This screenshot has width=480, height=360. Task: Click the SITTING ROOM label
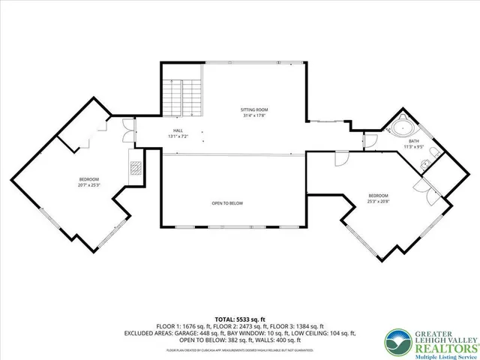pyautogui.click(x=255, y=110)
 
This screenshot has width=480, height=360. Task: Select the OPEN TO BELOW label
pyautogui.click(x=226, y=203)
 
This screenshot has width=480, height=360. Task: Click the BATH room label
pyautogui.click(x=413, y=140)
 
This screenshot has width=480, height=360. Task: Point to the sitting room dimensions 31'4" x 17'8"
pyautogui.click(x=255, y=116)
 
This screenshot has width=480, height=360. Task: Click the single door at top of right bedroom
pyautogui.click(x=341, y=158)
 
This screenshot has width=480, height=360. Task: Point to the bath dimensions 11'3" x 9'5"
pyautogui.click(x=413, y=146)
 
